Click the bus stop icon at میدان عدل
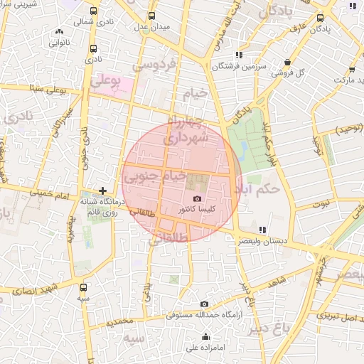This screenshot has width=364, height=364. point(151,16)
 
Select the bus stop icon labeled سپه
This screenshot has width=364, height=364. point(85,288)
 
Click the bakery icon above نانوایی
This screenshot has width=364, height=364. point(59,32)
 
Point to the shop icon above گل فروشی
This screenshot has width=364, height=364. point(287,62)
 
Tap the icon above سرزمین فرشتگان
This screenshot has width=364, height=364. point(240,55)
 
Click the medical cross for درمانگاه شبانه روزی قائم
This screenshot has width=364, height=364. point(104,191)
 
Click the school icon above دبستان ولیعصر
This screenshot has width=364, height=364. point(262,230)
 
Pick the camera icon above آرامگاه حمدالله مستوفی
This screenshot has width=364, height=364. point(205,304)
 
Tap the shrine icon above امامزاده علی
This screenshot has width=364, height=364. point(206,337)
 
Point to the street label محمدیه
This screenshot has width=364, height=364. point(120,321)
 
